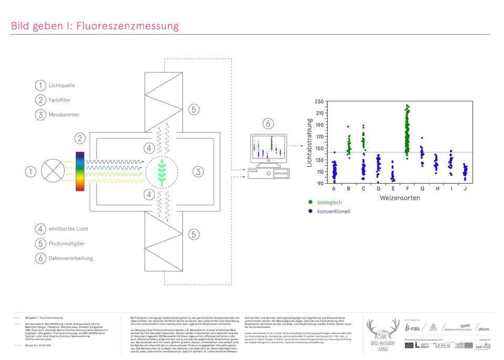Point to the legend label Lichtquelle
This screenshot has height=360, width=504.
[x=61, y=86]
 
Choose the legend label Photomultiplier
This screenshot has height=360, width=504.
[x=67, y=243]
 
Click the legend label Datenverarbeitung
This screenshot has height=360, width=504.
[x=71, y=258]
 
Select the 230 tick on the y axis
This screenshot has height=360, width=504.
[x=320, y=101]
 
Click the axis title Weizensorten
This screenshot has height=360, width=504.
[x=400, y=198]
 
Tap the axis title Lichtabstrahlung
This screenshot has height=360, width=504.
[x=310, y=143]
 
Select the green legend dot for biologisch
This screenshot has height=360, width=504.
[x=311, y=202]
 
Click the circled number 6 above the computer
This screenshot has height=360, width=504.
[x=268, y=123]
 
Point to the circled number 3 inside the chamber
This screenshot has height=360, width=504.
[x=197, y=171]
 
